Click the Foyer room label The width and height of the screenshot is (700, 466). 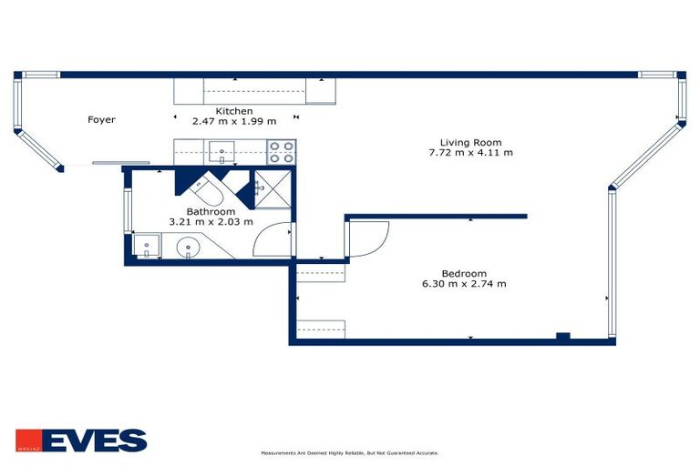pyautogui.click(x=101, y=119)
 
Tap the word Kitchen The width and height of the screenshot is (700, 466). pyautogui.click(x=234, y=111)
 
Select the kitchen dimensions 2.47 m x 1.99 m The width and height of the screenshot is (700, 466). pyautogui.click(x=234, y=121)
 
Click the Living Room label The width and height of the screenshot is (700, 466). pyautogui.click(x=470, y=142)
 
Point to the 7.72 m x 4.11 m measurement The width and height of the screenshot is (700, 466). pyautogui.click(x=470, y=153)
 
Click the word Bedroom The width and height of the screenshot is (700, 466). pyautogui.click(x=463, y=273)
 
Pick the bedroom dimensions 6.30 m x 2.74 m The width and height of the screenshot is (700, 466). pyautogui.click(x=463, y=284)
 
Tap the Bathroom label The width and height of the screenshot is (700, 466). pyautogui.click(x=211, y=211)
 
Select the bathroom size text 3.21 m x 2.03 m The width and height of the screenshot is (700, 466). pyautogui.click(x=211, y=221)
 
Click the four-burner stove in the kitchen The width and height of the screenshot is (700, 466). pyautogui.click(x=281, y=151)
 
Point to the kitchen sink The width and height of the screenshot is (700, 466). pyautogui.click(x=221, y=151)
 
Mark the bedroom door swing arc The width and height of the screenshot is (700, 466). pyautogui.click(x=367, y=238)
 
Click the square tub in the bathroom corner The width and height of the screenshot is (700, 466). pyautogui.click(x=147, y=246)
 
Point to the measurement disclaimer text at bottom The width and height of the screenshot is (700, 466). pyautogui.click(x=350, y=452)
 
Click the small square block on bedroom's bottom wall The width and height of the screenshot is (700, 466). pyautogui.click(x=563, y=337)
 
